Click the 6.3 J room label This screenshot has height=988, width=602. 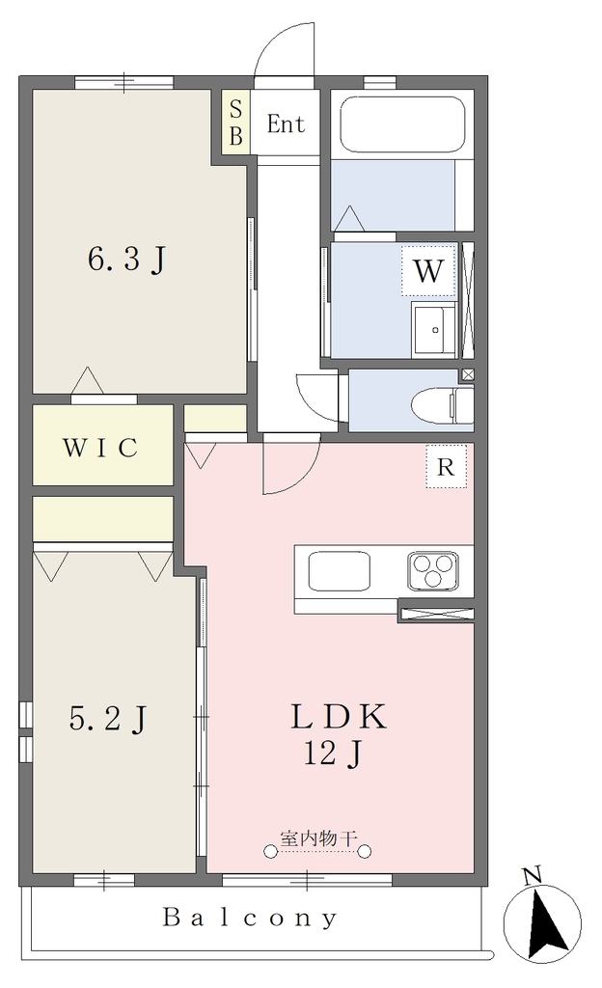coord(127,259)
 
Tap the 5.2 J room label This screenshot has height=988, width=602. coord(108,718)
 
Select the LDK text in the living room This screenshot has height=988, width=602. coord(339,717)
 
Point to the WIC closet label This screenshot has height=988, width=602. coord(100,448)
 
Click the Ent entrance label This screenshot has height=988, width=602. coord(286,124)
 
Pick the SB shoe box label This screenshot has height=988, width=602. coord(235,123)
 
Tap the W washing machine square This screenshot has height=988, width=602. coord(428,271)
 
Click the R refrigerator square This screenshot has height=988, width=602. coord(446,467)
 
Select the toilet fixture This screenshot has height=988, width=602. coord(442,404)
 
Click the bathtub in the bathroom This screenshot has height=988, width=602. coord(402,124)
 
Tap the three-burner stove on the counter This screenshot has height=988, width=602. coord(432,571)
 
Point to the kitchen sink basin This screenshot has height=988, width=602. coord(339,571)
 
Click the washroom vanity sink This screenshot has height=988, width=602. coord(433,329)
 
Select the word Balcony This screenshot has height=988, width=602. coord(250,918)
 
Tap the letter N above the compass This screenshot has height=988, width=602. coord(533,875)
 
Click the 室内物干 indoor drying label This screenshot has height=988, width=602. coord(318,838)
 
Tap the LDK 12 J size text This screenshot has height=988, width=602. coord(333,753)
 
